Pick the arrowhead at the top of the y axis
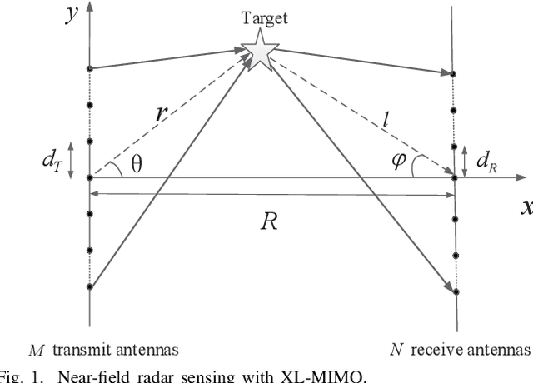pos(89,6)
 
